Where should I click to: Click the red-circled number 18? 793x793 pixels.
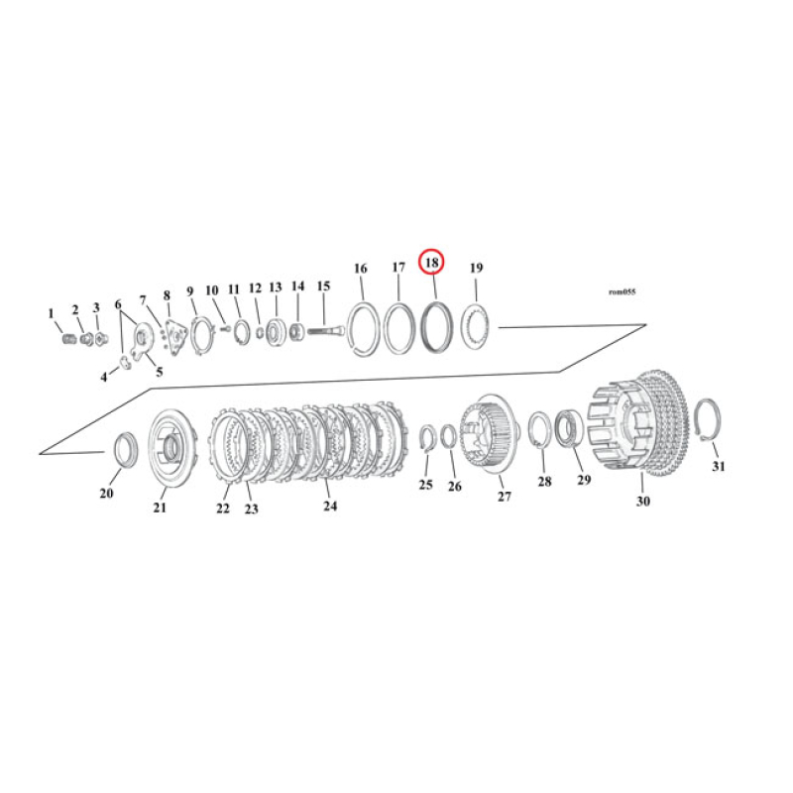[432, 263]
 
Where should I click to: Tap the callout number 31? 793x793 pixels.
[720, 466]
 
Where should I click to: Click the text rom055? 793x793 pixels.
[622, 292]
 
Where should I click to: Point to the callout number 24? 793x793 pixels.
[330, 506]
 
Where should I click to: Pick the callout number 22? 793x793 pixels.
[222, 508]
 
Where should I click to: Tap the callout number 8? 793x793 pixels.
[167, 295]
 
